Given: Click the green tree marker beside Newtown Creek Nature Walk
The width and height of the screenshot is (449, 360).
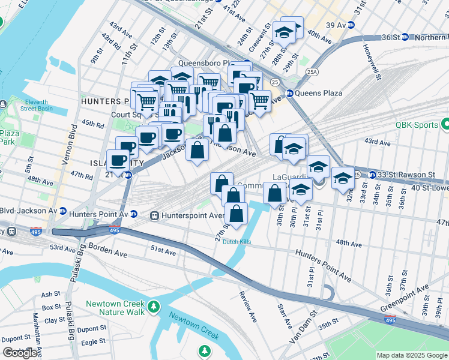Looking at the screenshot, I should (154, 307).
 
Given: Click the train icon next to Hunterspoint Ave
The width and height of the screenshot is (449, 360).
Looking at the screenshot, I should (154, 215).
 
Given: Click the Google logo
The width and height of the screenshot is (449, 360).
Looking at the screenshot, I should (20, 353).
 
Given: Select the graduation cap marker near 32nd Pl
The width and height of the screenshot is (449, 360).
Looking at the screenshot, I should (342, 178).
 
